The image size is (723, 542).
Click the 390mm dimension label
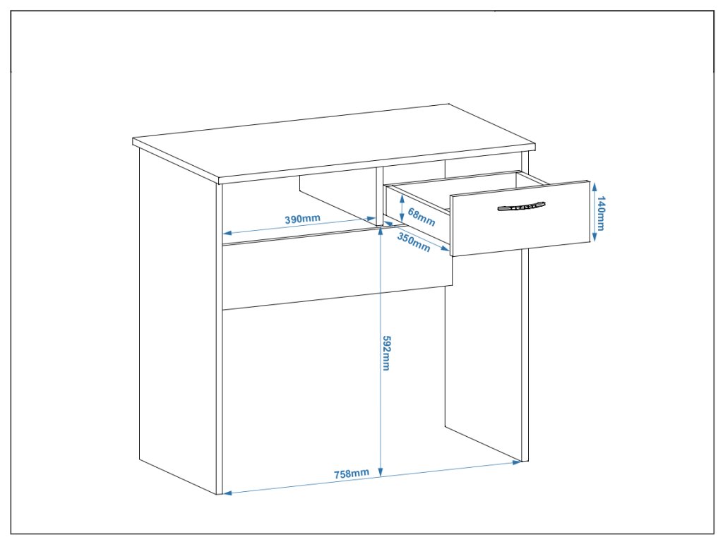coord(302,219)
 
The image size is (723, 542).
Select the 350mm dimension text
coord(413,241)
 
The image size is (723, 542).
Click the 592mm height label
coord(387,354)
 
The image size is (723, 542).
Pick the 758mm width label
coord(351,473)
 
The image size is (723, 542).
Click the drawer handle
coord(521,207)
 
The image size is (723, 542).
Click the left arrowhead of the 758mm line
coord(227,493)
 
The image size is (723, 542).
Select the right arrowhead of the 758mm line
coord(518,462)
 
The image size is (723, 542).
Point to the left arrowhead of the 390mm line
coord(227,233)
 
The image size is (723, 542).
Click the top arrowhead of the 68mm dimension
coord(402,196)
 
